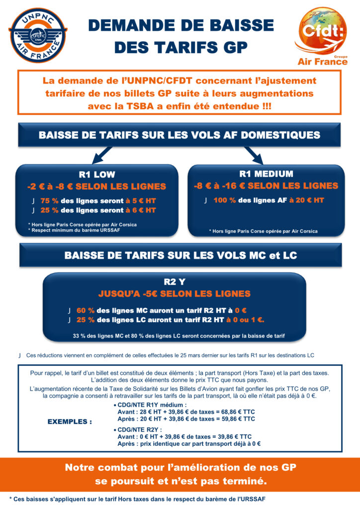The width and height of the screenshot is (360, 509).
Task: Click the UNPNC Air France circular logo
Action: coord(37,35)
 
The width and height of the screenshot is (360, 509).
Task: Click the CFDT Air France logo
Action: coord(322,37)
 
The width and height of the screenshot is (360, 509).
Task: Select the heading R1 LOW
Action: coord(97,174)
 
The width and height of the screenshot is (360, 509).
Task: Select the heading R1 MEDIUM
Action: coord(266,174)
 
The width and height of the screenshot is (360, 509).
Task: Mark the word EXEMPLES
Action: coord(70,422)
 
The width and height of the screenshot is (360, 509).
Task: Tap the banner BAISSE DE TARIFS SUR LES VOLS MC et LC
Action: coord(180,255)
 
